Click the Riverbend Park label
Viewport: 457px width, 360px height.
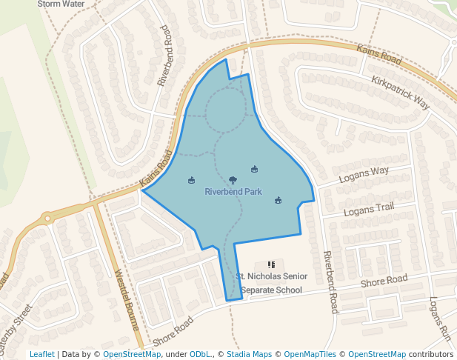coord(233,192)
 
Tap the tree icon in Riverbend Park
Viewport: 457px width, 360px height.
coord(233,180)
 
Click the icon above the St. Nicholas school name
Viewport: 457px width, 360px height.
coord(271,264)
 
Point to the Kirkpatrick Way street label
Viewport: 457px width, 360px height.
coord(401,93)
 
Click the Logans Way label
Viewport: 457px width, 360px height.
coord(364,175)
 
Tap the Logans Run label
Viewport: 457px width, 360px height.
coord(440,319)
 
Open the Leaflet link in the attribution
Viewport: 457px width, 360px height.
coord(41,354)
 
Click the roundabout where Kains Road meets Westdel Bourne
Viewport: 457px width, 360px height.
coord(47,218)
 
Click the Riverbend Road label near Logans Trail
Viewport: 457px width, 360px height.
coord(330,281)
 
